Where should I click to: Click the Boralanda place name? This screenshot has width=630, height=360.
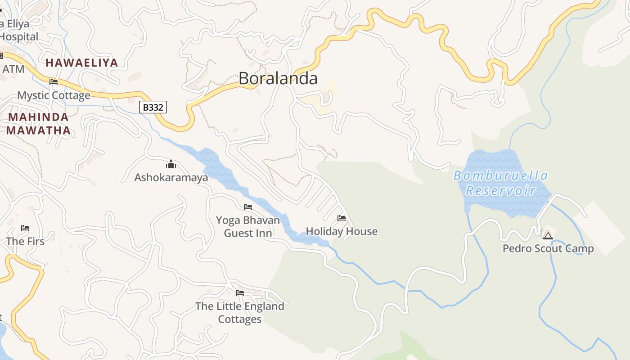coord(278,78)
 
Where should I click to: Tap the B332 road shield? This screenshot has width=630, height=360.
coord(153,107)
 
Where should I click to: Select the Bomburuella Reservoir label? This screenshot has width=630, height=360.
coord(500,183)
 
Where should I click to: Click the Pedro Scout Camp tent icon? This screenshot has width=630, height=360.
coord(548,236)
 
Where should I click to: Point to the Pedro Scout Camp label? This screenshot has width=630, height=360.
coord(548,248)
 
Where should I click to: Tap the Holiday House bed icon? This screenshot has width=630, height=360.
coord(342,219)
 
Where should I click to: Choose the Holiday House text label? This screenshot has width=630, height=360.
coord(342,231)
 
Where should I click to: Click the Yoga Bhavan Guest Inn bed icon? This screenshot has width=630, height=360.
coord(248,207)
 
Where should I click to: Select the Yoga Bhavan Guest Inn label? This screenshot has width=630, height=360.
coord(248,226)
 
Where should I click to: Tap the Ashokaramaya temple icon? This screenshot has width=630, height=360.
coord(171,164)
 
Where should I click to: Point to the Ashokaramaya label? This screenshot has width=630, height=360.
coord(171,177)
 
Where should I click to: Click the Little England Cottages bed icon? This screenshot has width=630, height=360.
coord(240,293)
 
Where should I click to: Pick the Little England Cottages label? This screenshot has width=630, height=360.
coord(240,312)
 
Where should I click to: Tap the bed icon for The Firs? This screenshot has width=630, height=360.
coord(25,229)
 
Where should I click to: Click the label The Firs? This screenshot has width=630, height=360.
coord(25,241)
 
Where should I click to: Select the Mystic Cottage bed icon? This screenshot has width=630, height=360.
coord(54,82)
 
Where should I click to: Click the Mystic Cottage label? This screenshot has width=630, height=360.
coord(54,95)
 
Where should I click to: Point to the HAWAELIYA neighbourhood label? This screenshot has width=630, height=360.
coord(81,63)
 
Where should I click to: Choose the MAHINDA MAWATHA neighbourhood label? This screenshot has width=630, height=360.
coord(39,124)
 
